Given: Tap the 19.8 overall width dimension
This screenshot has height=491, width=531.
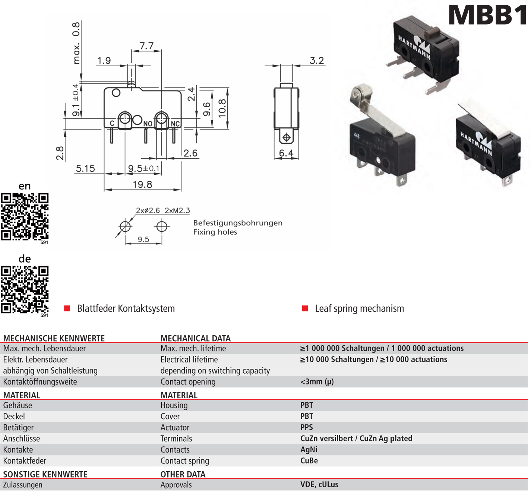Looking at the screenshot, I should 142,184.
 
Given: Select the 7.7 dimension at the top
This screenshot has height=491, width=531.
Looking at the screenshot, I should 146,46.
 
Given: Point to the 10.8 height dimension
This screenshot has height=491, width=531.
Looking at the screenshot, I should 222,108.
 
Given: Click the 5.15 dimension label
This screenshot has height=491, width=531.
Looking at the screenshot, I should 85,169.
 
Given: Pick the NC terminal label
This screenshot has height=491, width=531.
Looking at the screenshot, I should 175,124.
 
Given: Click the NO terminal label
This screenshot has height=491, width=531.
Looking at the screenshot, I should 148,124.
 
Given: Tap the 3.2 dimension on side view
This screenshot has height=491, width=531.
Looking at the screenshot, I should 317,60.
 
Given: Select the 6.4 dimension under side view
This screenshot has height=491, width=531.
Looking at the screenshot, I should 286,153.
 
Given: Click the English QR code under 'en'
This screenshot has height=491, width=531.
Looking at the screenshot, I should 25,216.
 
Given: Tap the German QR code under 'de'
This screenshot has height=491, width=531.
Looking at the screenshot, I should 25,289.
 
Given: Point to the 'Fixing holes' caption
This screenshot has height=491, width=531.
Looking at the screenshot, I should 215,232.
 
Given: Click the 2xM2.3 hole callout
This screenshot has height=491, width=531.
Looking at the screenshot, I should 177,210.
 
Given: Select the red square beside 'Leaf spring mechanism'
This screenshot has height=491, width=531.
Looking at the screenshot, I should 305,308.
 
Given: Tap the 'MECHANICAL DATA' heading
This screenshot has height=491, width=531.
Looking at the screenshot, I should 196,338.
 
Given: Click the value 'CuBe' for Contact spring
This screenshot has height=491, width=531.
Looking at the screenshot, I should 309,460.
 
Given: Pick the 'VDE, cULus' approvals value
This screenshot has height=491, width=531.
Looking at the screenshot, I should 319,485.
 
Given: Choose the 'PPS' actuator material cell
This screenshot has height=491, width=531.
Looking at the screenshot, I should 307,427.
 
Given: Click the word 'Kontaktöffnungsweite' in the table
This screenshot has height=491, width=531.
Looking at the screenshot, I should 40,382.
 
